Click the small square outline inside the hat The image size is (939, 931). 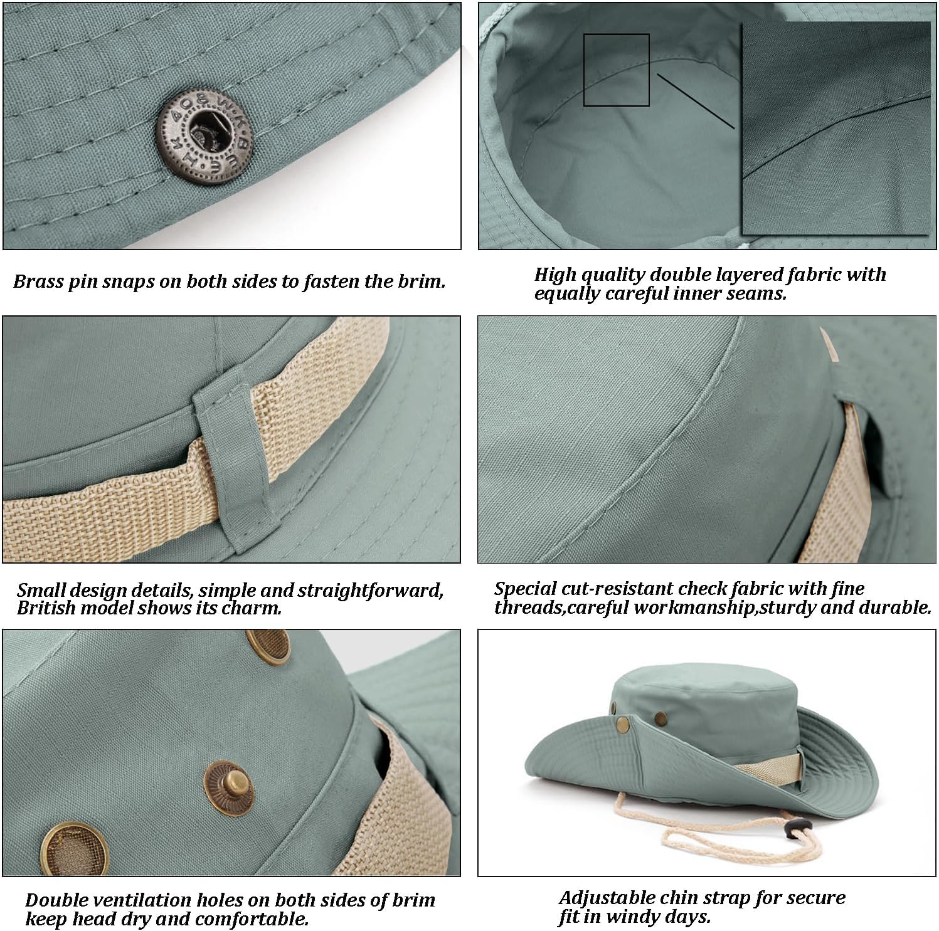616,70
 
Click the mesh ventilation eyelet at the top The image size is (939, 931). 268,646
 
